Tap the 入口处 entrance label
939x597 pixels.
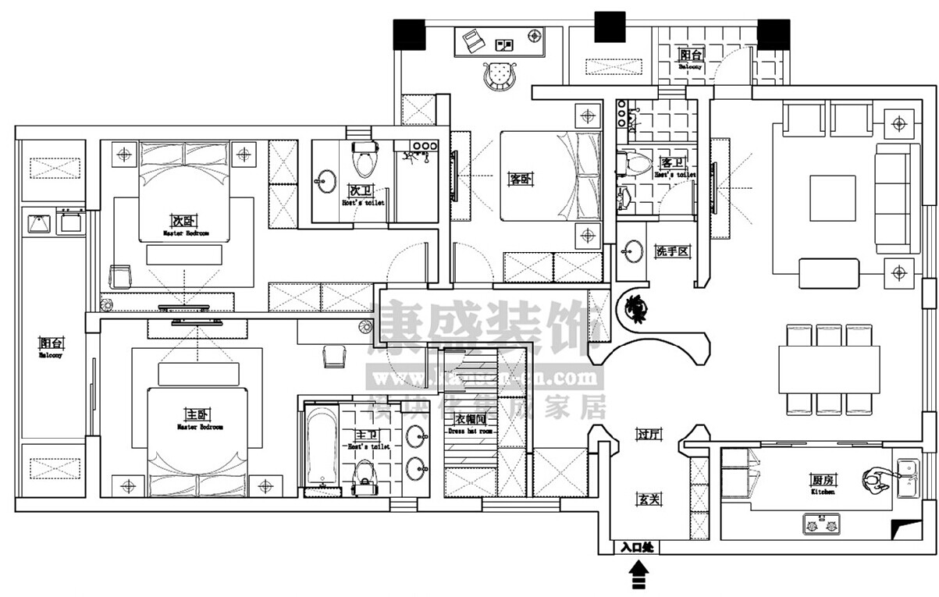tap(636, 548)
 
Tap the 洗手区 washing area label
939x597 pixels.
tap(670, 251)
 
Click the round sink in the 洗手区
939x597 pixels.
tap(633, 251)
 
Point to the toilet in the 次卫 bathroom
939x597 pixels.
tap(361, 160)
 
